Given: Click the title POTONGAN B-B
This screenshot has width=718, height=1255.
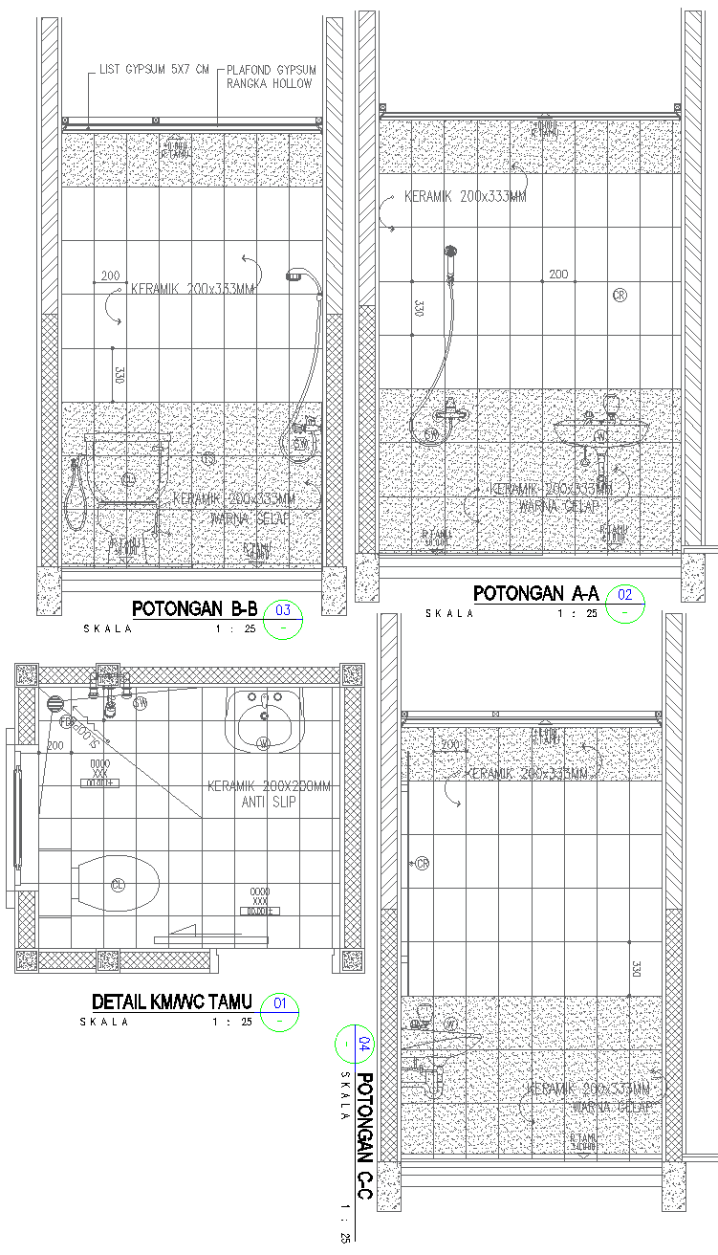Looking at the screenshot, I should point(195,608).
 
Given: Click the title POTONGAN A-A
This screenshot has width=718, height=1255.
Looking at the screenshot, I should point(535,594).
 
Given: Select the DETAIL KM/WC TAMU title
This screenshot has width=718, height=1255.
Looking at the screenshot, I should point(172,1002).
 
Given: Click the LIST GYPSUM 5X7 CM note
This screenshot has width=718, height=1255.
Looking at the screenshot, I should point(154,71).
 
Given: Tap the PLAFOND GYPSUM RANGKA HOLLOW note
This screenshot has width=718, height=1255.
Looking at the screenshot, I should point(271,77).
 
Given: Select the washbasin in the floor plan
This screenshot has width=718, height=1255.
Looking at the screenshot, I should point(263,723).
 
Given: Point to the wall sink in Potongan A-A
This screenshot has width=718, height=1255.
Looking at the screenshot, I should point(601,433).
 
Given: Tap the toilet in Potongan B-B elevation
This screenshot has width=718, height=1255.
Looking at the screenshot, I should point(128,469).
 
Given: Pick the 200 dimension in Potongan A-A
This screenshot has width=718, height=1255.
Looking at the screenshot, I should point(558,275).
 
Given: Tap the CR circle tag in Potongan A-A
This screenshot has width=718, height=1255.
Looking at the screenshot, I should point(620,296).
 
